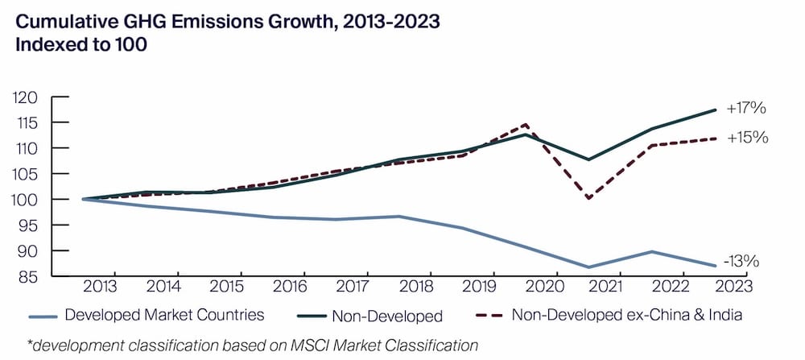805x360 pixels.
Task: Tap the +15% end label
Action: tap(747, 138)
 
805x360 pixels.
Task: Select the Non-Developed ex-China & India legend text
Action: tap(626, 315)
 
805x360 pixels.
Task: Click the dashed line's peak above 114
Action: tap(526, 125)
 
